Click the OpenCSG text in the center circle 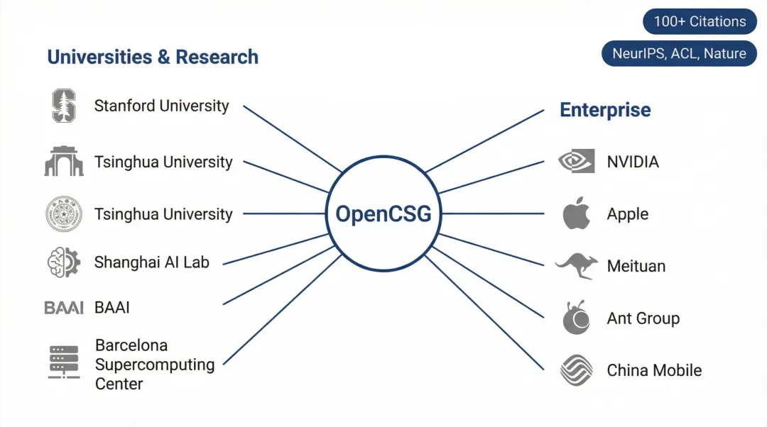pos(383,213)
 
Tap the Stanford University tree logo pos(63,106)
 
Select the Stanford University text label pos(161,106)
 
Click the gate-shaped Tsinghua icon pos(63,162)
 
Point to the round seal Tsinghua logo pos(63,214)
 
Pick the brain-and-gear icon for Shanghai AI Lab pos(63,262)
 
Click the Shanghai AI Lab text pos(151,262)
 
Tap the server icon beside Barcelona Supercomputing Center pos(64,362)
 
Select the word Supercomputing pos(154,365)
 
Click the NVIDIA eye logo pos(576,162)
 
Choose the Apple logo pos(577,213)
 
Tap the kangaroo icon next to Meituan pos(576,265)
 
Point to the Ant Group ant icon pos(576,318)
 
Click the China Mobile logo pos(576,370)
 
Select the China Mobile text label pos(654,370)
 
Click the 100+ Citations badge pos(700,21)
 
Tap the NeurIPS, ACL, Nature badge pos(679,54)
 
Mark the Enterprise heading pos(605,110)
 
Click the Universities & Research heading pos(153,57)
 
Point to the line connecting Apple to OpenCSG pos(490,213)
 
